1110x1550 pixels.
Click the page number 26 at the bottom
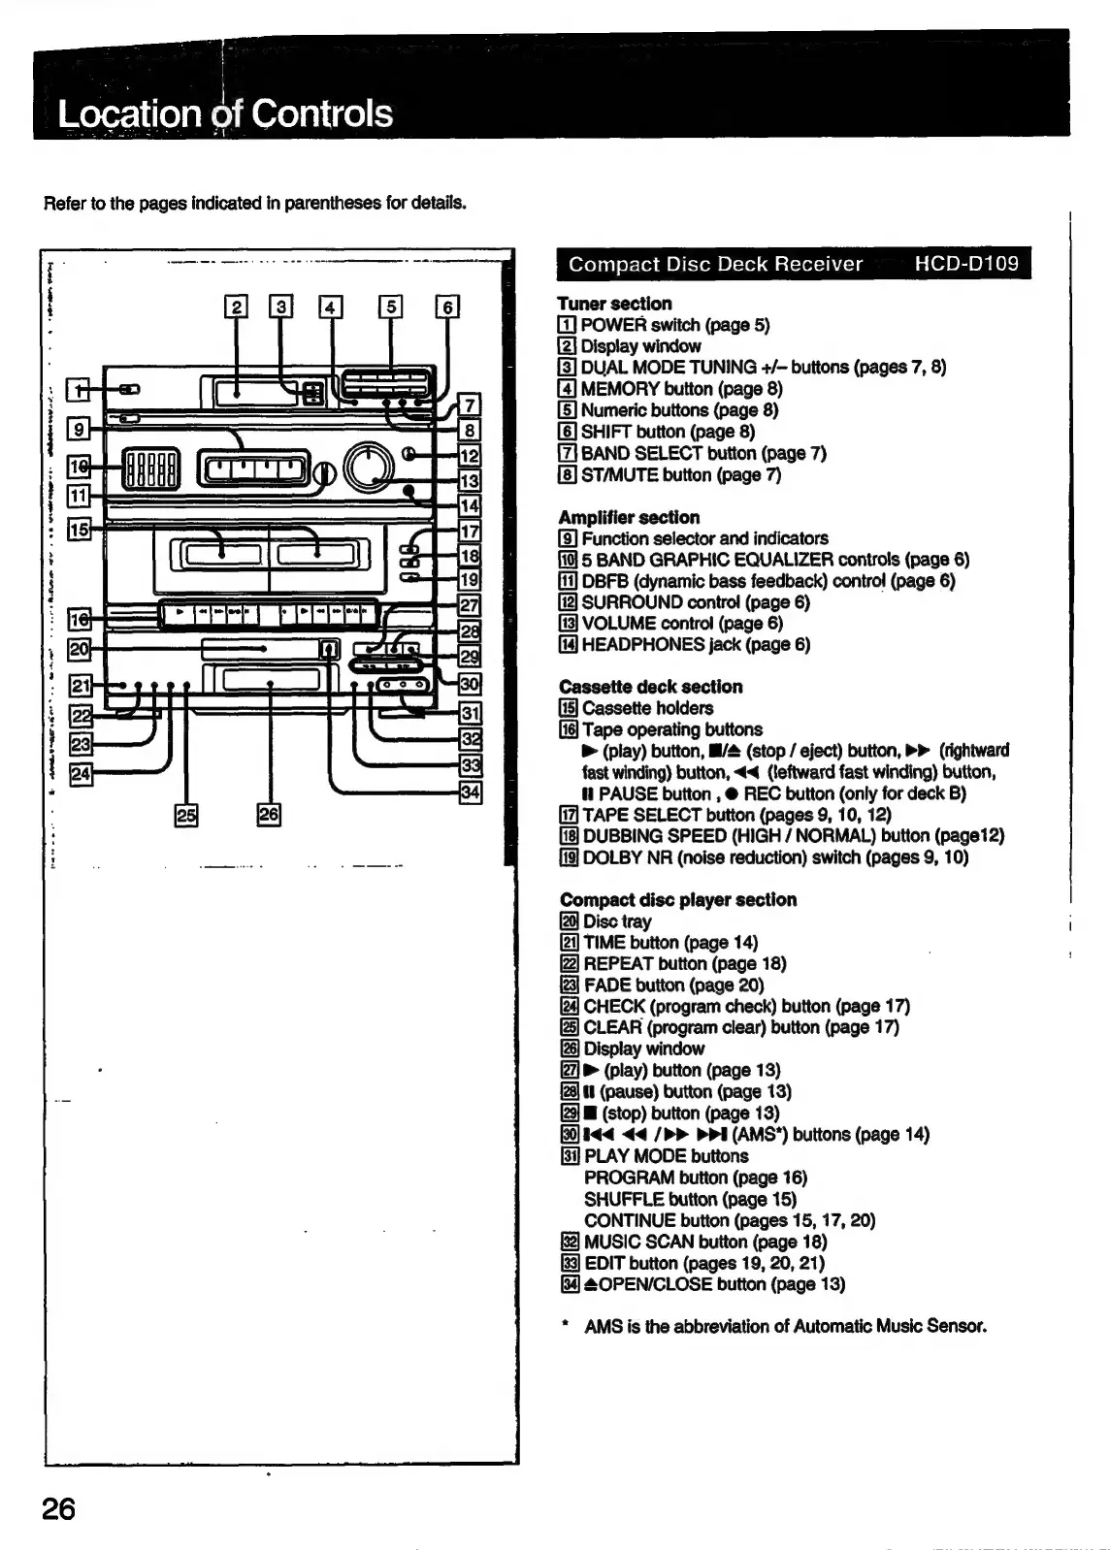pyautogui.click(x=58, y=1509)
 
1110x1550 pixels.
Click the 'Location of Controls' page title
pyautogui.click(x=225, y=113)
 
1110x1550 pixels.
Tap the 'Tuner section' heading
pyautogui.click(x=614, y=304)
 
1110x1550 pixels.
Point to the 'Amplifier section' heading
pyautogui.click(x=629, y=517)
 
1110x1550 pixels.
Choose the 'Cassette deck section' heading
pyautogui.click(x=650, y=687)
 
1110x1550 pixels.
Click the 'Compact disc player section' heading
pyautogui.click(x=677, y=900)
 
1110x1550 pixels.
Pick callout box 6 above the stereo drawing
pyautogui.click(x=446, y=307)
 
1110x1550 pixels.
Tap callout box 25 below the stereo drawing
pyautogui.click(x=184, y=815)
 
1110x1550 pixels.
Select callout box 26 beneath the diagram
pyautogui.click(x=269, y=815)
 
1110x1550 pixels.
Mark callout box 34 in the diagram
pyautogui.click(x=470, y=791)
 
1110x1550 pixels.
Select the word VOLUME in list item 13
pyautogui.click(x=615, y=623)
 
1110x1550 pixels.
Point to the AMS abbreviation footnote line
pyautogui.click(x=784, y=1326)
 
